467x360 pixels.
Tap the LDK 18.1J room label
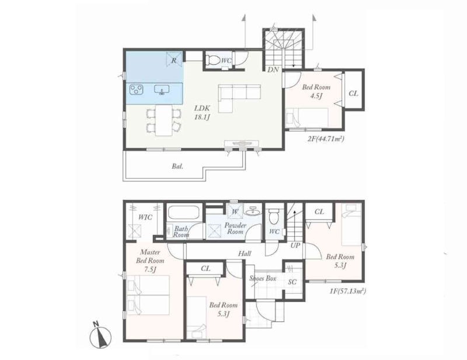(202, 113)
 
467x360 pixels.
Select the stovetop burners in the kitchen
(137, 90)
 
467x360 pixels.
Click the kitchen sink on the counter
(162, 90)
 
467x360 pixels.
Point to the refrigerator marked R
(174, 60)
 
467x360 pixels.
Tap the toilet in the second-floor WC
(212, 60)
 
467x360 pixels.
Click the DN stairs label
(273, 69)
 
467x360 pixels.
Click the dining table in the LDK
(164, 120)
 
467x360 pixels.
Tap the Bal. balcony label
(177, 166)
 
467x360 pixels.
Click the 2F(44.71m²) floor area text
(326, 138)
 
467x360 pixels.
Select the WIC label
(145, 217)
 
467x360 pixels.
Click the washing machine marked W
(235, 212)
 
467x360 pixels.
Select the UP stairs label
(295, 246)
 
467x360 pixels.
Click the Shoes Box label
(263, 279)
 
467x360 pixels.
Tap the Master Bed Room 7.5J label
(150, 261)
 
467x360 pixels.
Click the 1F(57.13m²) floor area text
(347, 291)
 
